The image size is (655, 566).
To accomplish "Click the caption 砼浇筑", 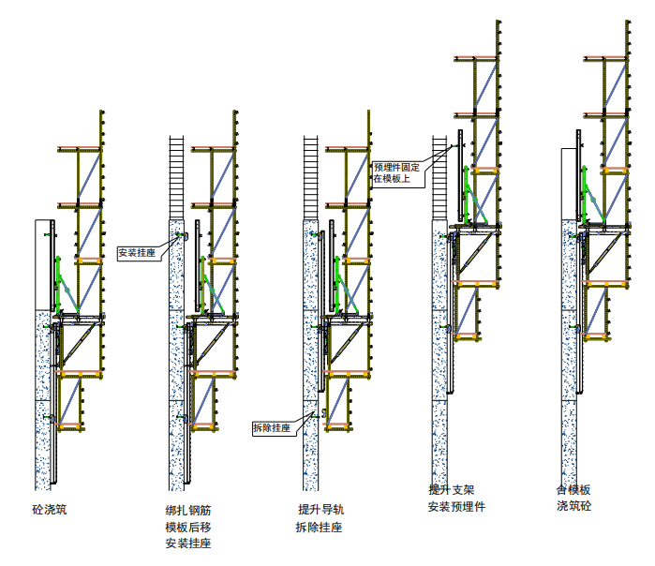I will pos(50,511).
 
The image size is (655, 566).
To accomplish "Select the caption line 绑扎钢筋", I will pos(188,511).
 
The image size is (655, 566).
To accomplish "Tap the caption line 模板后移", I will pos(188,527).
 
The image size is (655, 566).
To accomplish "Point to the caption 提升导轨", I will pos(320,510).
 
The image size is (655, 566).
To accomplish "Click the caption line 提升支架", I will pos(453,490).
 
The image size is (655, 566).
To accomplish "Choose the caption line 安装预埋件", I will pos(457,507).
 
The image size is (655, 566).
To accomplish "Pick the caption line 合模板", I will pos(573,490).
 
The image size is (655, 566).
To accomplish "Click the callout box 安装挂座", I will pos(137,252).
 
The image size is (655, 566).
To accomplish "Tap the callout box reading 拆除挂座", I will pos(272,427).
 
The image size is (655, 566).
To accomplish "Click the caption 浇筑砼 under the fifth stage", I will pos(573,507).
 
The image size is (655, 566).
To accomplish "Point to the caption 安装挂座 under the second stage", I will pos(188,543).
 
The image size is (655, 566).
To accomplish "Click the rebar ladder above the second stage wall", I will pos(175,178).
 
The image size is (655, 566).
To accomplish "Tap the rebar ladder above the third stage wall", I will pos(310,178).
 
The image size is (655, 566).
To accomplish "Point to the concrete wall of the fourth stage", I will pos(438,356).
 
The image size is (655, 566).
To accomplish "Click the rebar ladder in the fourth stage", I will pos(439,178).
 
